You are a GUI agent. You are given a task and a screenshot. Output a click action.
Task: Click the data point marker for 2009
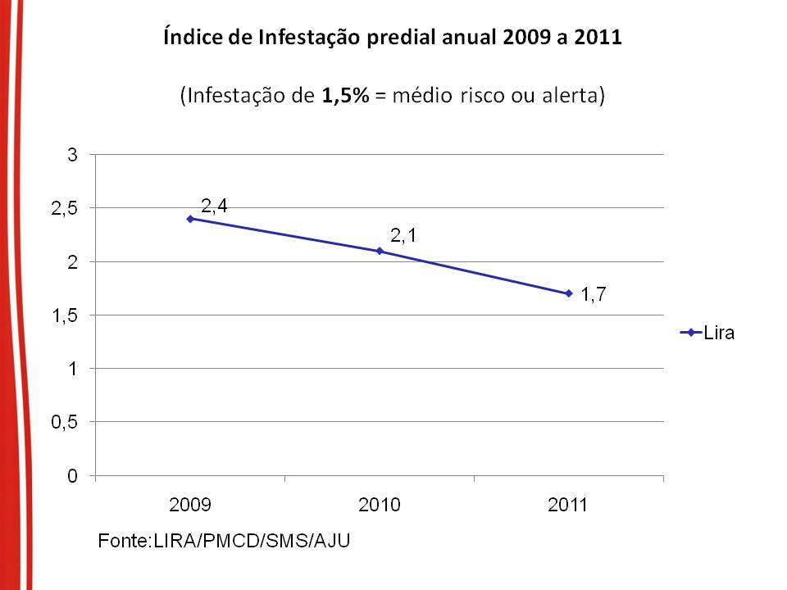190,219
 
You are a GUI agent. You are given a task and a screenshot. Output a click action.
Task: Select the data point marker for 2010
380,251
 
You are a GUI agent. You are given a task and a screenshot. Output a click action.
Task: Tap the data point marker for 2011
568,293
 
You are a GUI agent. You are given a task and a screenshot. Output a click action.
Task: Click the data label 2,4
215,205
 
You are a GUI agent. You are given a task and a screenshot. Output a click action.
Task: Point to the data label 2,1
403,237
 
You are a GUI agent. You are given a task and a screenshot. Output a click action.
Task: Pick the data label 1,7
594,295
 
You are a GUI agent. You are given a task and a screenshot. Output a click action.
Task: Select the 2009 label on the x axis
190,505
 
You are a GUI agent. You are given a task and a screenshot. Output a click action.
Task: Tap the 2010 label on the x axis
380,505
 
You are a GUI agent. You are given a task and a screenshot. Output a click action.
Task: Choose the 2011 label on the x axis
568,505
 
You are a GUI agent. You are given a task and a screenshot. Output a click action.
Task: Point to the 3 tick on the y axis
72,155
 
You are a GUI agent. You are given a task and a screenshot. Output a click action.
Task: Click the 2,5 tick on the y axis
65,208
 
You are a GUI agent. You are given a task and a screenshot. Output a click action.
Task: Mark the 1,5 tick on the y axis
65,315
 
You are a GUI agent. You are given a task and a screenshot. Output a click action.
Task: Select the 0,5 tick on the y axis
65,422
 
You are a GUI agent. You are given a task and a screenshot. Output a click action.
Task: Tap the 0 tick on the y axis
72,476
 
